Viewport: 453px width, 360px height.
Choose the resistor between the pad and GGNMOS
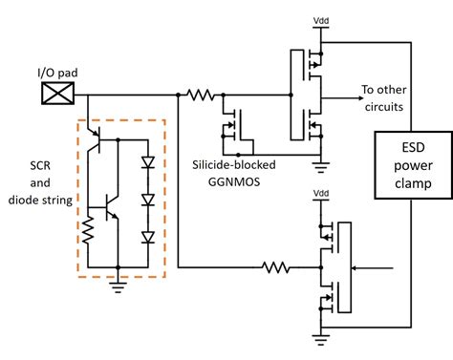(x=202, y=95)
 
